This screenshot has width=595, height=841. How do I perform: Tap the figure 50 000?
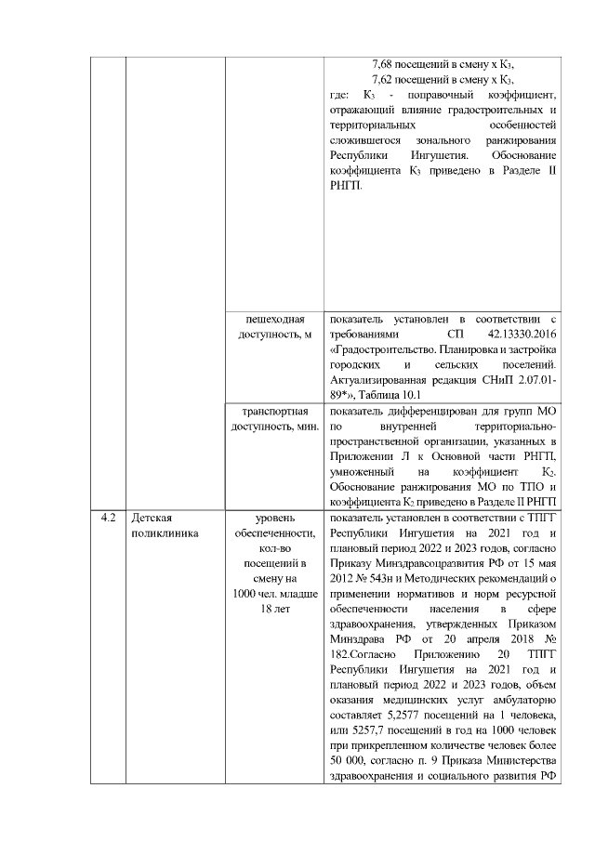tap(350, 769)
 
